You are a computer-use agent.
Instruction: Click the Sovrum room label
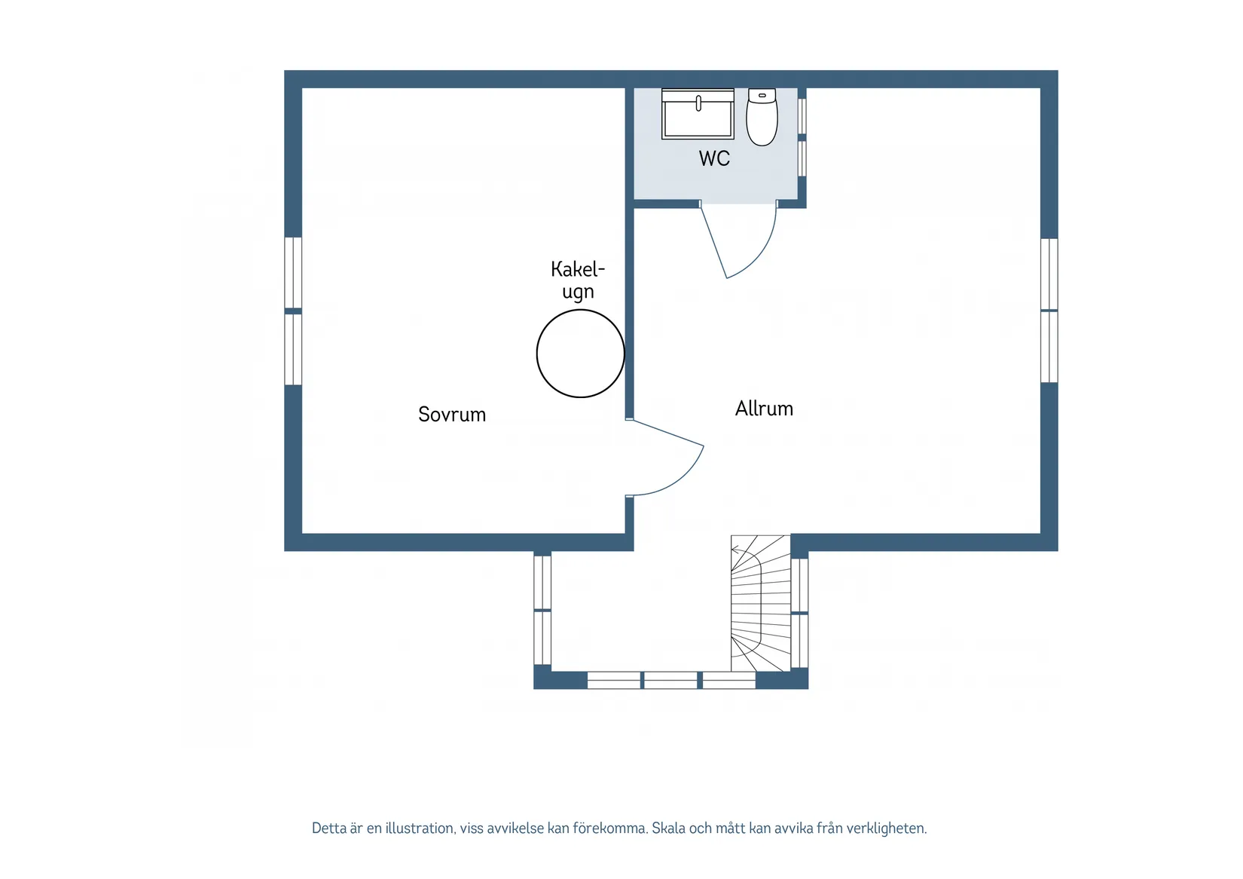[452, 414]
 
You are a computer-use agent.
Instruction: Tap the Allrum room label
[764, 409]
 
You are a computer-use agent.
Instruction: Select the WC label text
[714, 159]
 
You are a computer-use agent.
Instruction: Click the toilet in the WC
[762, 117]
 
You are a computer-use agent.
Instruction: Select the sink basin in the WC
[698, 114]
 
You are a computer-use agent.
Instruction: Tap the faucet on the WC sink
[698, 103]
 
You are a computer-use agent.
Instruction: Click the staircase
[760, 603]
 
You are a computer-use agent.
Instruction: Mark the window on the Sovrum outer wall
[293, 311]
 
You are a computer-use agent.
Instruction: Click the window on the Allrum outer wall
[1049, 311]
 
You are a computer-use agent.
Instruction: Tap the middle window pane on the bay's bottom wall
[670, 680]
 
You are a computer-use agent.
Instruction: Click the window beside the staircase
[799, 613]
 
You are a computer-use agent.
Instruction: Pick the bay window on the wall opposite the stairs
[542, 610]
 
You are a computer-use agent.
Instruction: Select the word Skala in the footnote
[668, 828]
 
